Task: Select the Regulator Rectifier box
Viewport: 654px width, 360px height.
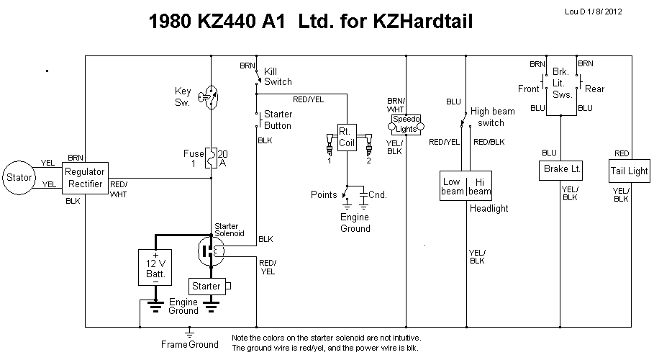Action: pos(85,177)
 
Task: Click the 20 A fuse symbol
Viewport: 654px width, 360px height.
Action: pos(211,158)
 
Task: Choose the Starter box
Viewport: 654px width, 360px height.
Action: pos(207,286)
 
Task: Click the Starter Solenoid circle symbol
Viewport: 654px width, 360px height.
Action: pos(210,251)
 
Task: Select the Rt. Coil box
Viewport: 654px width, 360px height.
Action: pos(347,137)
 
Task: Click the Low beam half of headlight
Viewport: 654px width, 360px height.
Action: pos(453,186)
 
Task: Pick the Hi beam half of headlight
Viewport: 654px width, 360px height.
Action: pos(479,186)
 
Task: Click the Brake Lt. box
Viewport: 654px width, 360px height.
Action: pos(560,171)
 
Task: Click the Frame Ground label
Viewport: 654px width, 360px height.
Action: pos(189,344)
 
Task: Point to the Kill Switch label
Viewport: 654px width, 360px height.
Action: pos(278,76)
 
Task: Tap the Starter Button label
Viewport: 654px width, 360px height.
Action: pos(278,120)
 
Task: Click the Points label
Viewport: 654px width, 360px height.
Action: pos(324,194)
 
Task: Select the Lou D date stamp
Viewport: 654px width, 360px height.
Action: pos(607,11)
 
